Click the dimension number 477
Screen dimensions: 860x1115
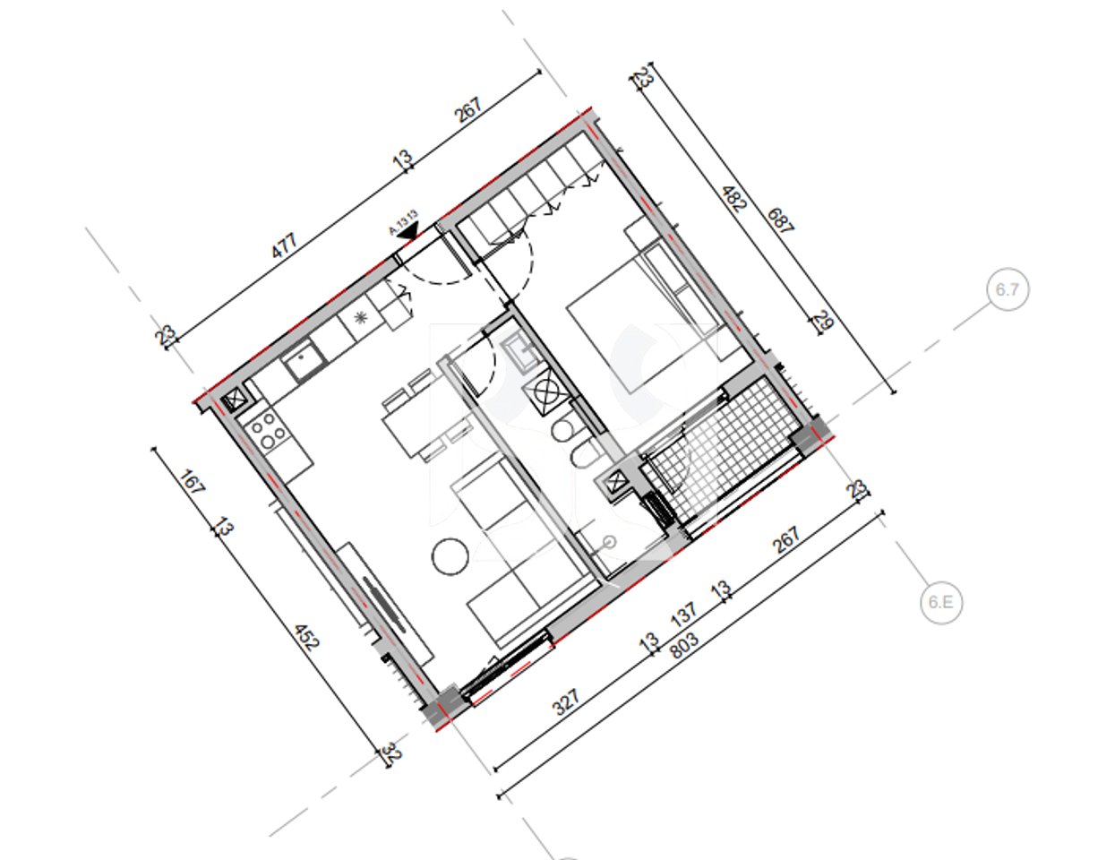click(284, 246)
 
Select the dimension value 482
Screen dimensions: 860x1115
click(733, 198)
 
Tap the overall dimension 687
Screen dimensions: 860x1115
click(779, 220)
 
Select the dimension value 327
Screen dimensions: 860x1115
click(566, 701)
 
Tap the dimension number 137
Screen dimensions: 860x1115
click(683, 615)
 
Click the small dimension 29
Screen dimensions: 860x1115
click(822, 320)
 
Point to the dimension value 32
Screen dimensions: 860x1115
click(391, 753)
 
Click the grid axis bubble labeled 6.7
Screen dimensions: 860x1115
click(1008, 290)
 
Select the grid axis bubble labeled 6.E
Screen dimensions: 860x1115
click(940, 603)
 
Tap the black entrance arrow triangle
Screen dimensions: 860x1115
click(408, 230)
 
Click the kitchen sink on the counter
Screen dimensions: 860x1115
click(304, 362)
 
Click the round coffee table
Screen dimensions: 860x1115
click(450, 556)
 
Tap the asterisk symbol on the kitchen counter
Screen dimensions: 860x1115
click(361, 317)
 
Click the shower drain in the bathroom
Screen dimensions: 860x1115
click(610, 541)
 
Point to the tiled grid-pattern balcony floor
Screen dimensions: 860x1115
click(716, 452)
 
